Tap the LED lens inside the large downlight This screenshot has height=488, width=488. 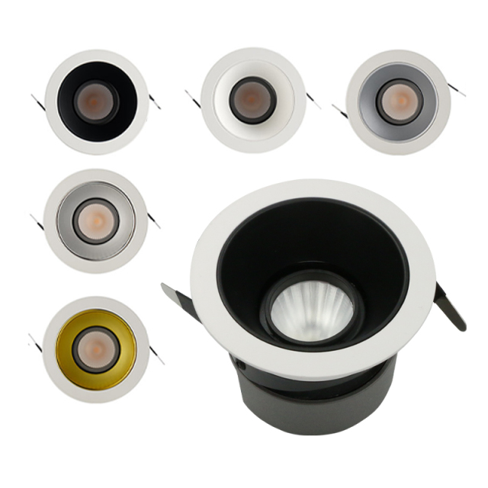pos(311,309)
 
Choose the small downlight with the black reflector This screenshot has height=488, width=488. pos(96,101)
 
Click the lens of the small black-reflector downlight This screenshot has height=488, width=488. pos(96,102)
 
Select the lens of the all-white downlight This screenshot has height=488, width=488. pos(252,101)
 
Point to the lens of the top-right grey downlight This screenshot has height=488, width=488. pos(397,101)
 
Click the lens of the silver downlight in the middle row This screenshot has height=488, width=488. pos(95,221)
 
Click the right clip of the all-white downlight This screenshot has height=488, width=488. pos(313,101)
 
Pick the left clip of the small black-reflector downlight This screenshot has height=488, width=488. pos(37,100)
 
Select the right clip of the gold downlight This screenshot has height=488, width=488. pos(156,355)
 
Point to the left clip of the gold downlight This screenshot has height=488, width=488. pos(35,342)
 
